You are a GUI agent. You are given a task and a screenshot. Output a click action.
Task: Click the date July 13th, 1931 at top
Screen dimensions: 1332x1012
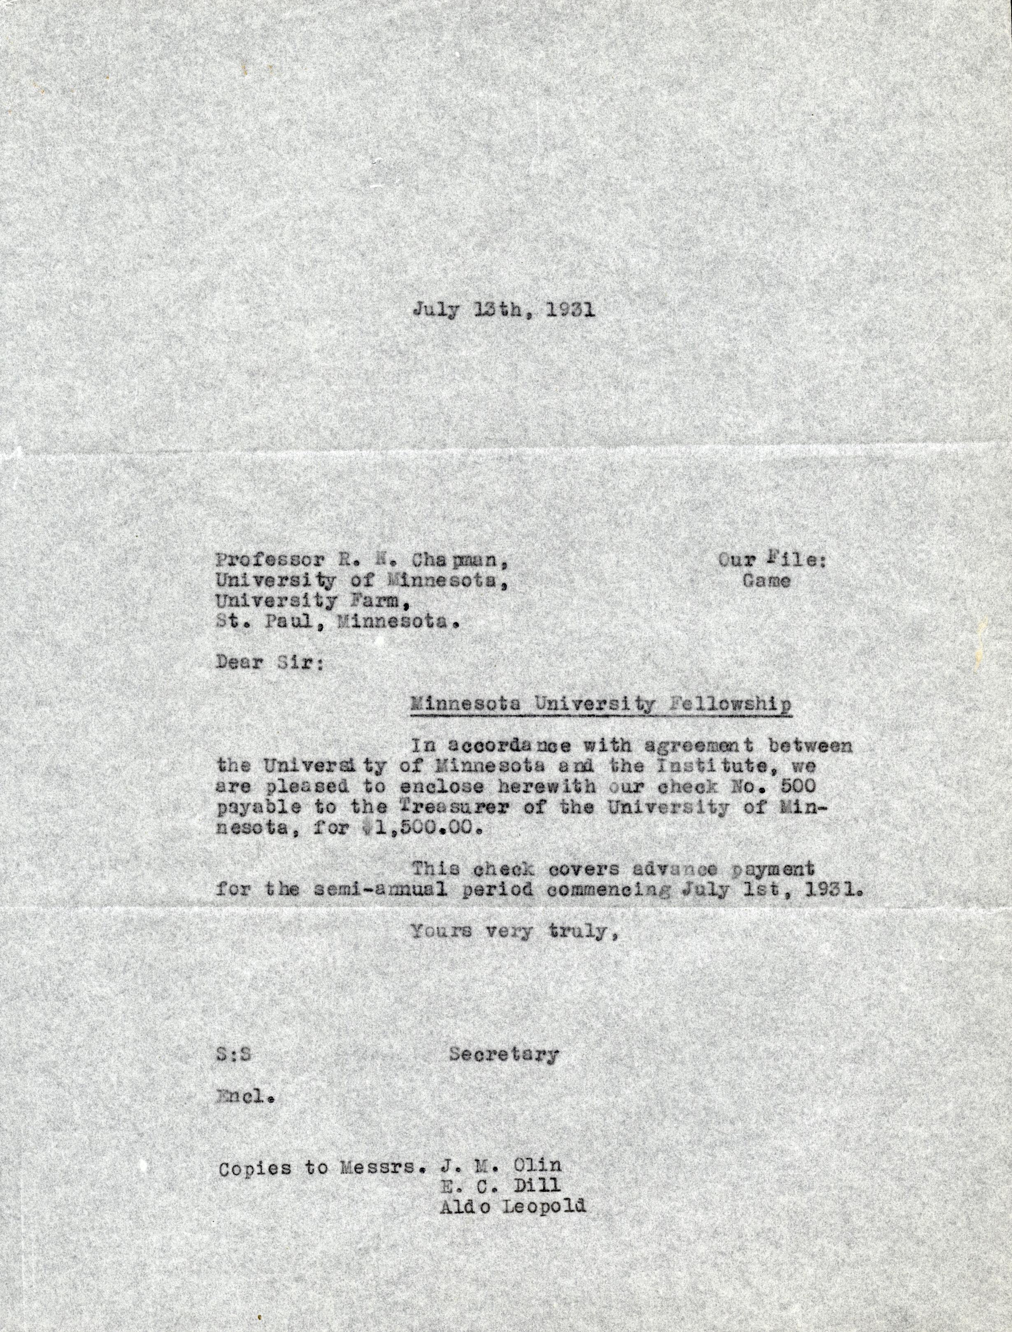click(504, 310)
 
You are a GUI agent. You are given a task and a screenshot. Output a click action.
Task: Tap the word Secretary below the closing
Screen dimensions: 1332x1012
click(504, 1054)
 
